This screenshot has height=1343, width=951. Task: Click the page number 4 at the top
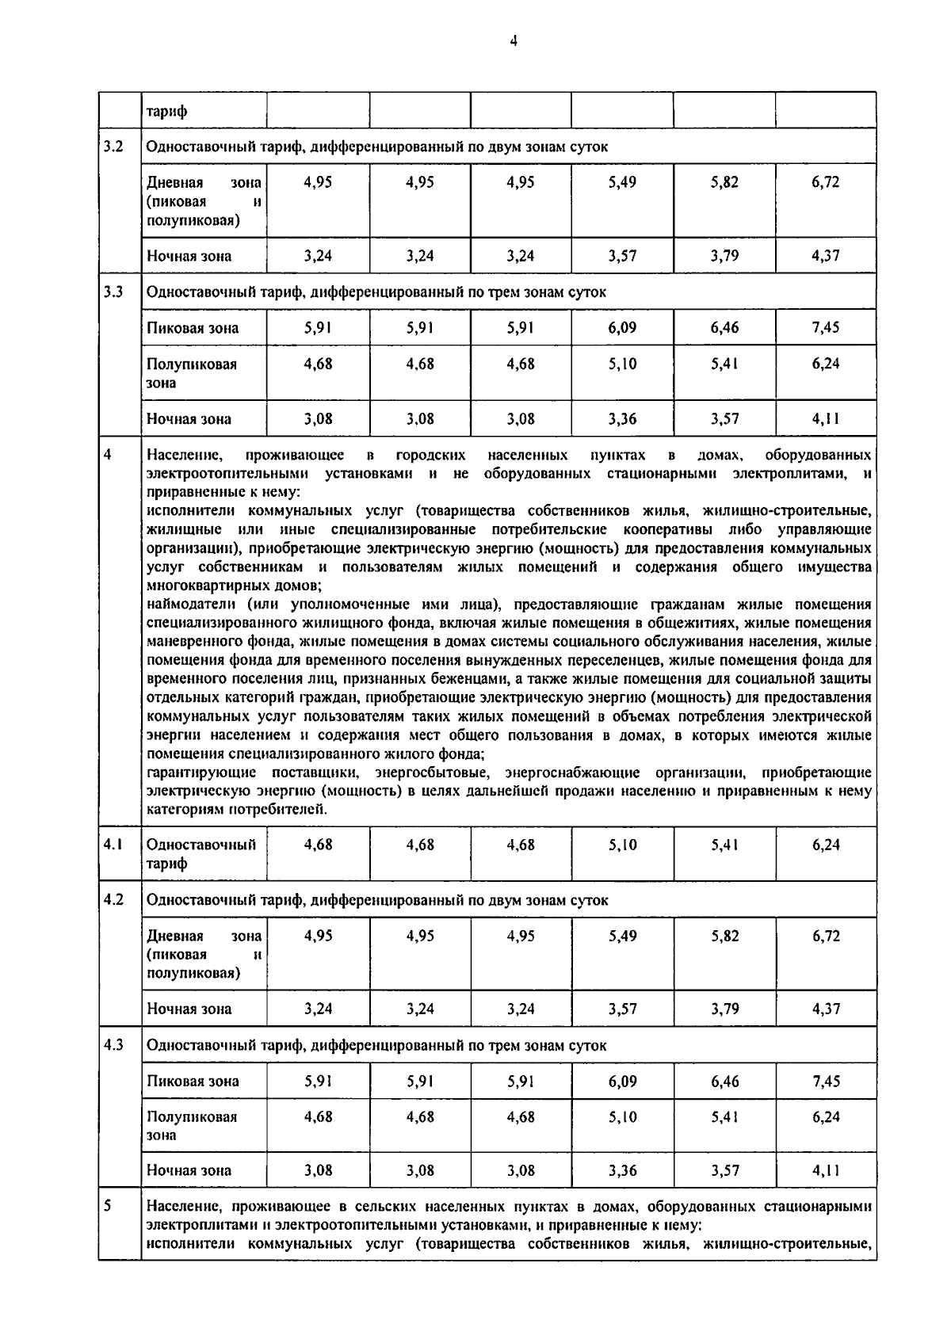(x=514, y=41)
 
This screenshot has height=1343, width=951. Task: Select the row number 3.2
(x=113, y=147)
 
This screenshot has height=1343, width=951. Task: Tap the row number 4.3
(x=113, y=1045)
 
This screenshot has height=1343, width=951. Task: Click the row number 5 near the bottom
(x=108, y=1206)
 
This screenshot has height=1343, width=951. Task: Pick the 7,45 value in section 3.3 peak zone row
(x=825, y=327)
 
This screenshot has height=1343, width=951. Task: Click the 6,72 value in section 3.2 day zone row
(x=825, y=182)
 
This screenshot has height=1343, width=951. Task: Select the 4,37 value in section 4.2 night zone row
(x=825, y=1009)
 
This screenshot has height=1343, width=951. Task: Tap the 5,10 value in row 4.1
(x=622, y=845)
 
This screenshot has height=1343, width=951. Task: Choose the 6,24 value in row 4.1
(x=825, y=845)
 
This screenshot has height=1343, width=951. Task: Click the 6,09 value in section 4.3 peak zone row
(x=622, y=1081)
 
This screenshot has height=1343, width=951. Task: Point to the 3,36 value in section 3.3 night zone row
(x=622, y=419)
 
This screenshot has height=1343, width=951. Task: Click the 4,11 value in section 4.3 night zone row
(x=825, y=1170)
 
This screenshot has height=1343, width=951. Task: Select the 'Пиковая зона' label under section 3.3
(x=193, y=328)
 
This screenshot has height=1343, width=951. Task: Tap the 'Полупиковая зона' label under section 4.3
(x=192, y=1125)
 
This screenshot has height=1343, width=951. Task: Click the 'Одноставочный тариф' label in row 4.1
(x=201, y=853)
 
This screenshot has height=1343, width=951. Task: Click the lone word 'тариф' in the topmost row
(x=167, y=112)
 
